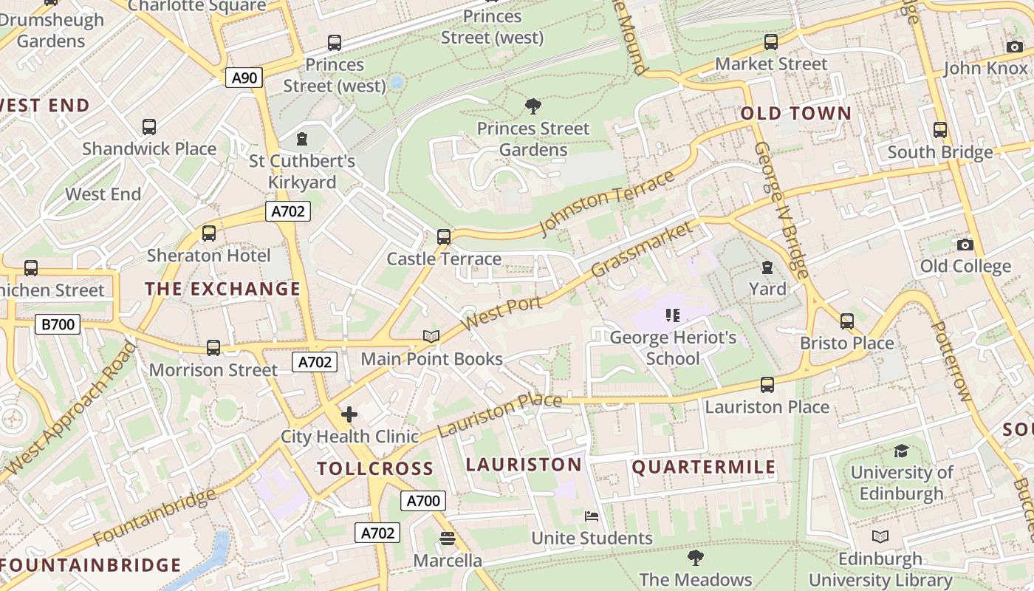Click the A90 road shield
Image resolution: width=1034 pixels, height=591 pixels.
(244, 78)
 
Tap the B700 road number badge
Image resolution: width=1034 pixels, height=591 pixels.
(57, 324)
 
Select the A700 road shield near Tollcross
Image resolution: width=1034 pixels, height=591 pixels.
(424, 501)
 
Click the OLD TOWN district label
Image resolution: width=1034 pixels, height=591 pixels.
(795, 114)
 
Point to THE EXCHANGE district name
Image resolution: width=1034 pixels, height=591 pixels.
(223, 289)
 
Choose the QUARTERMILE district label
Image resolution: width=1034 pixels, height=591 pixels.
(704, 467)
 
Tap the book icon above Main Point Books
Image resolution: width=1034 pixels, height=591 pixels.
(431, 337)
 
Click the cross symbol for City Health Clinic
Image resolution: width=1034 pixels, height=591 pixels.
(349, 414)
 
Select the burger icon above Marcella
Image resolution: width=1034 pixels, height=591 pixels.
(447, 539)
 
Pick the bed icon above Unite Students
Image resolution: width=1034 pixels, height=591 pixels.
(592, 516)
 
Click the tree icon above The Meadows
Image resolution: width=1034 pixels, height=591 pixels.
(695, 557)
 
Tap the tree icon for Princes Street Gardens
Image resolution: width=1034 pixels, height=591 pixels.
(533, 106)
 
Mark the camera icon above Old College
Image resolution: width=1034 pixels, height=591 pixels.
(965, 245)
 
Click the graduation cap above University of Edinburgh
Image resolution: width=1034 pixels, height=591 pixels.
(901, 451)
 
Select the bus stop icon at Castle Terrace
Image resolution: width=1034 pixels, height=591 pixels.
(443, 237)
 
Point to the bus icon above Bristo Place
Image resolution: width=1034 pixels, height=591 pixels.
(847, 321)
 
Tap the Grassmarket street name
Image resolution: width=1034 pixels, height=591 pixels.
(643, 249)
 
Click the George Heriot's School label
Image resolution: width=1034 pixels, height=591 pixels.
(673, 348)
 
